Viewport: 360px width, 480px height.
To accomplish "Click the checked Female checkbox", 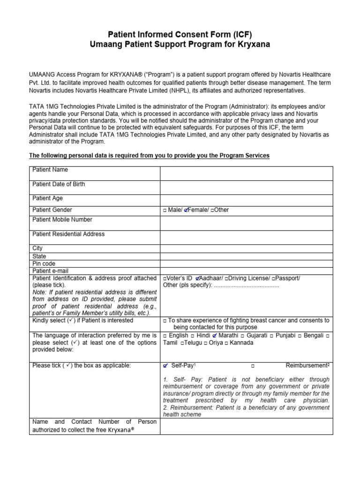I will coord(186,210).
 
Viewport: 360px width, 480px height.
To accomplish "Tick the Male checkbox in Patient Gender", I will coord(165,210).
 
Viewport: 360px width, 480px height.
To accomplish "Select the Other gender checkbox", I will coord(212,210).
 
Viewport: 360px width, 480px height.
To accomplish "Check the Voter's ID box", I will coord(165,278).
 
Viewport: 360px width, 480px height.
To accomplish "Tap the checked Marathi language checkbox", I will coord(215,336).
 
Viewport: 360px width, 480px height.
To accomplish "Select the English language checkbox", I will coord(165,336).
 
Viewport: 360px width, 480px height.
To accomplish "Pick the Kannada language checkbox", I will coord(226,343).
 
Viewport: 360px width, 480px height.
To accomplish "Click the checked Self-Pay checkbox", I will coord(165,365).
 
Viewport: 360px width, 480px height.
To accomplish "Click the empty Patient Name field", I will coord(247,173).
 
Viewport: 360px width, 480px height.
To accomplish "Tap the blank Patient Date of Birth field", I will coord(247,187).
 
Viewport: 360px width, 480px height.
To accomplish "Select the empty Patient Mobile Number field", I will coord(247,223).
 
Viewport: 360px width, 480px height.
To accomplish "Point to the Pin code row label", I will coord(44,263).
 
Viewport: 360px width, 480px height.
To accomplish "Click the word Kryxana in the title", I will coord(252,45).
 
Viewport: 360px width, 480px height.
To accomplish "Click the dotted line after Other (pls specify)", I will coord(247,285).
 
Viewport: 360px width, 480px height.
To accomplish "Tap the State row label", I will coord(39,256).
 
